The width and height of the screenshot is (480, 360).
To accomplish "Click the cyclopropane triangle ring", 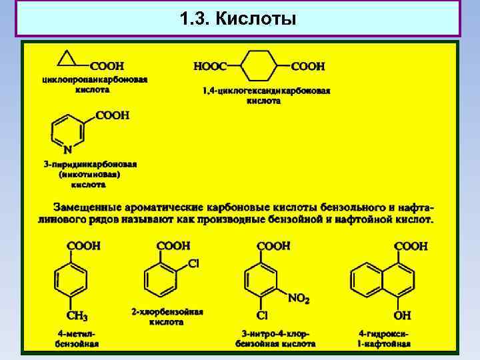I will tap(67, 59).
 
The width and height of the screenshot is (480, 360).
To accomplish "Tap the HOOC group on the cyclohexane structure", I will tap(210, 66).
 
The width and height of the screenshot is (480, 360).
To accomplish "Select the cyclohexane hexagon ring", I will tap(259, 66).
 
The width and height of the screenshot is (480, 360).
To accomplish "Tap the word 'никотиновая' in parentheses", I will tap(89, 174).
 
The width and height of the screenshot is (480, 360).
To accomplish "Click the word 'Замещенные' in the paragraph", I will tap(85, 205).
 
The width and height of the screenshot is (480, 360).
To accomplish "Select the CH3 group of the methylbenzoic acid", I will tap(76, 315).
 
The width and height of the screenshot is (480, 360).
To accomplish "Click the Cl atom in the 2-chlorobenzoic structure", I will tap(193, 263).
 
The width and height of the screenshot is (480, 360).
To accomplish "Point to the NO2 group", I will tap(298, 299).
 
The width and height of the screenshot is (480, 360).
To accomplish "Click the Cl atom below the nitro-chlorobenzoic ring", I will tap(262, 315).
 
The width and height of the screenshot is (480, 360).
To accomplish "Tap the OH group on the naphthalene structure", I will tap(403, 315).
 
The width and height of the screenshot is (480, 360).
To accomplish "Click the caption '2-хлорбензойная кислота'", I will tap(167, 316).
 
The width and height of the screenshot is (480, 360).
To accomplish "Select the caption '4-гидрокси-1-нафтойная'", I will tap(384, 338).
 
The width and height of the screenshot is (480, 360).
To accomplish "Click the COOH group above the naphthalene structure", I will tap(411, 246).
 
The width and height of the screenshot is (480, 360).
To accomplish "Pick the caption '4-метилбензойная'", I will tap(77, 338).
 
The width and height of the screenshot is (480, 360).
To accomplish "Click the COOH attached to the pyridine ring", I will tap(112, 115).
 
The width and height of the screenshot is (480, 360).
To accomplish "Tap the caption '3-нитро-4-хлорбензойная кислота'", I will tap(275, 338).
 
